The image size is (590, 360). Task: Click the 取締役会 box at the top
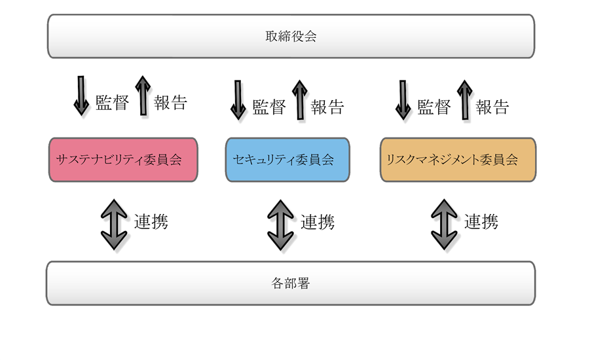click(x=291, y=36)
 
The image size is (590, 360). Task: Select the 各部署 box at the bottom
click(x=291, y=283)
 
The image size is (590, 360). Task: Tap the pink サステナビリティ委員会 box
click(x=123, y=160)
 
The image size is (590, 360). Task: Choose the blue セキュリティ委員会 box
click(x=287, y=160)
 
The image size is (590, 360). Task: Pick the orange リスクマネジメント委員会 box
click(x=458, y=160)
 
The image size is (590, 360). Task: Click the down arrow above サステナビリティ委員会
click(x=81, y=96)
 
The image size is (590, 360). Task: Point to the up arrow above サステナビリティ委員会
click(x=143, y=96)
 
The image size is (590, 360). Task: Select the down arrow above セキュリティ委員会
click(x=238, y=100)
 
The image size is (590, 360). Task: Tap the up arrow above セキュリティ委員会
click(x=300, y=100)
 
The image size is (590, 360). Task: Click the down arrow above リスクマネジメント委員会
click(x=403, y=100)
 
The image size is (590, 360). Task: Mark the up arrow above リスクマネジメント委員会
click(x=465, y=100)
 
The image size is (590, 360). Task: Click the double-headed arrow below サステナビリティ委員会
click(x=114, y=225)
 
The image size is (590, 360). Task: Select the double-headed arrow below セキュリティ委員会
click(x=280, y=225)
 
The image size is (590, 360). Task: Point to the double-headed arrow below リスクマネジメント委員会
click(x=444, y=225)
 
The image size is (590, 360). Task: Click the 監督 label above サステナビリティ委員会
click(x=112, y=103)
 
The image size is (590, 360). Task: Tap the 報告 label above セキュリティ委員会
click(x=327, y=107)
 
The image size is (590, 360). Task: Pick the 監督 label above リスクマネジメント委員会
click(x=434, y=107)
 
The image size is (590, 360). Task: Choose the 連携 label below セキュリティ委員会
click(x=318, y=222)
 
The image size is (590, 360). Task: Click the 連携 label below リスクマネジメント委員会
click(x=481, y=222)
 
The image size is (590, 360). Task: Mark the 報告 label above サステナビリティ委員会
click(x=170, y=103)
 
